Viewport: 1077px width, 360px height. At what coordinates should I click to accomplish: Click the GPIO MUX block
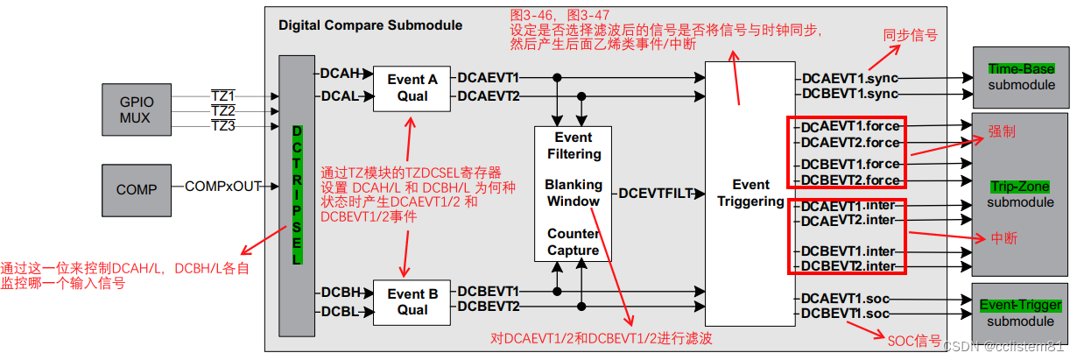137,109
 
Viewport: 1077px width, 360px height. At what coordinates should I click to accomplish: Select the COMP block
137,188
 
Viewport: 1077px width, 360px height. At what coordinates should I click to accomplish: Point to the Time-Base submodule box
1021,76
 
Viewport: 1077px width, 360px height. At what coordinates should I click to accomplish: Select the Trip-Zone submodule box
1021,194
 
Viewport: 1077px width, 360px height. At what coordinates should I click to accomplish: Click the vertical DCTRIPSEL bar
296,195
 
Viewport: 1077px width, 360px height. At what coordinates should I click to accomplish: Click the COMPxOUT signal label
222,187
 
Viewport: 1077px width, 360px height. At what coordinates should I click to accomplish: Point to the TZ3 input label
223,126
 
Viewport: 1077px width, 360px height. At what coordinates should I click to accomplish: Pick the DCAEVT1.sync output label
850,79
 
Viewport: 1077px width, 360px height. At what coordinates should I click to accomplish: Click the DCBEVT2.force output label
850,180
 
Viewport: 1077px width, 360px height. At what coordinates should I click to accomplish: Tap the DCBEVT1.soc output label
844,314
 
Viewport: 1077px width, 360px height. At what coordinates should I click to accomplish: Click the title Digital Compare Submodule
370,25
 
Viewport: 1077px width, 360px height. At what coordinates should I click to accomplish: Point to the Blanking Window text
574,193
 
